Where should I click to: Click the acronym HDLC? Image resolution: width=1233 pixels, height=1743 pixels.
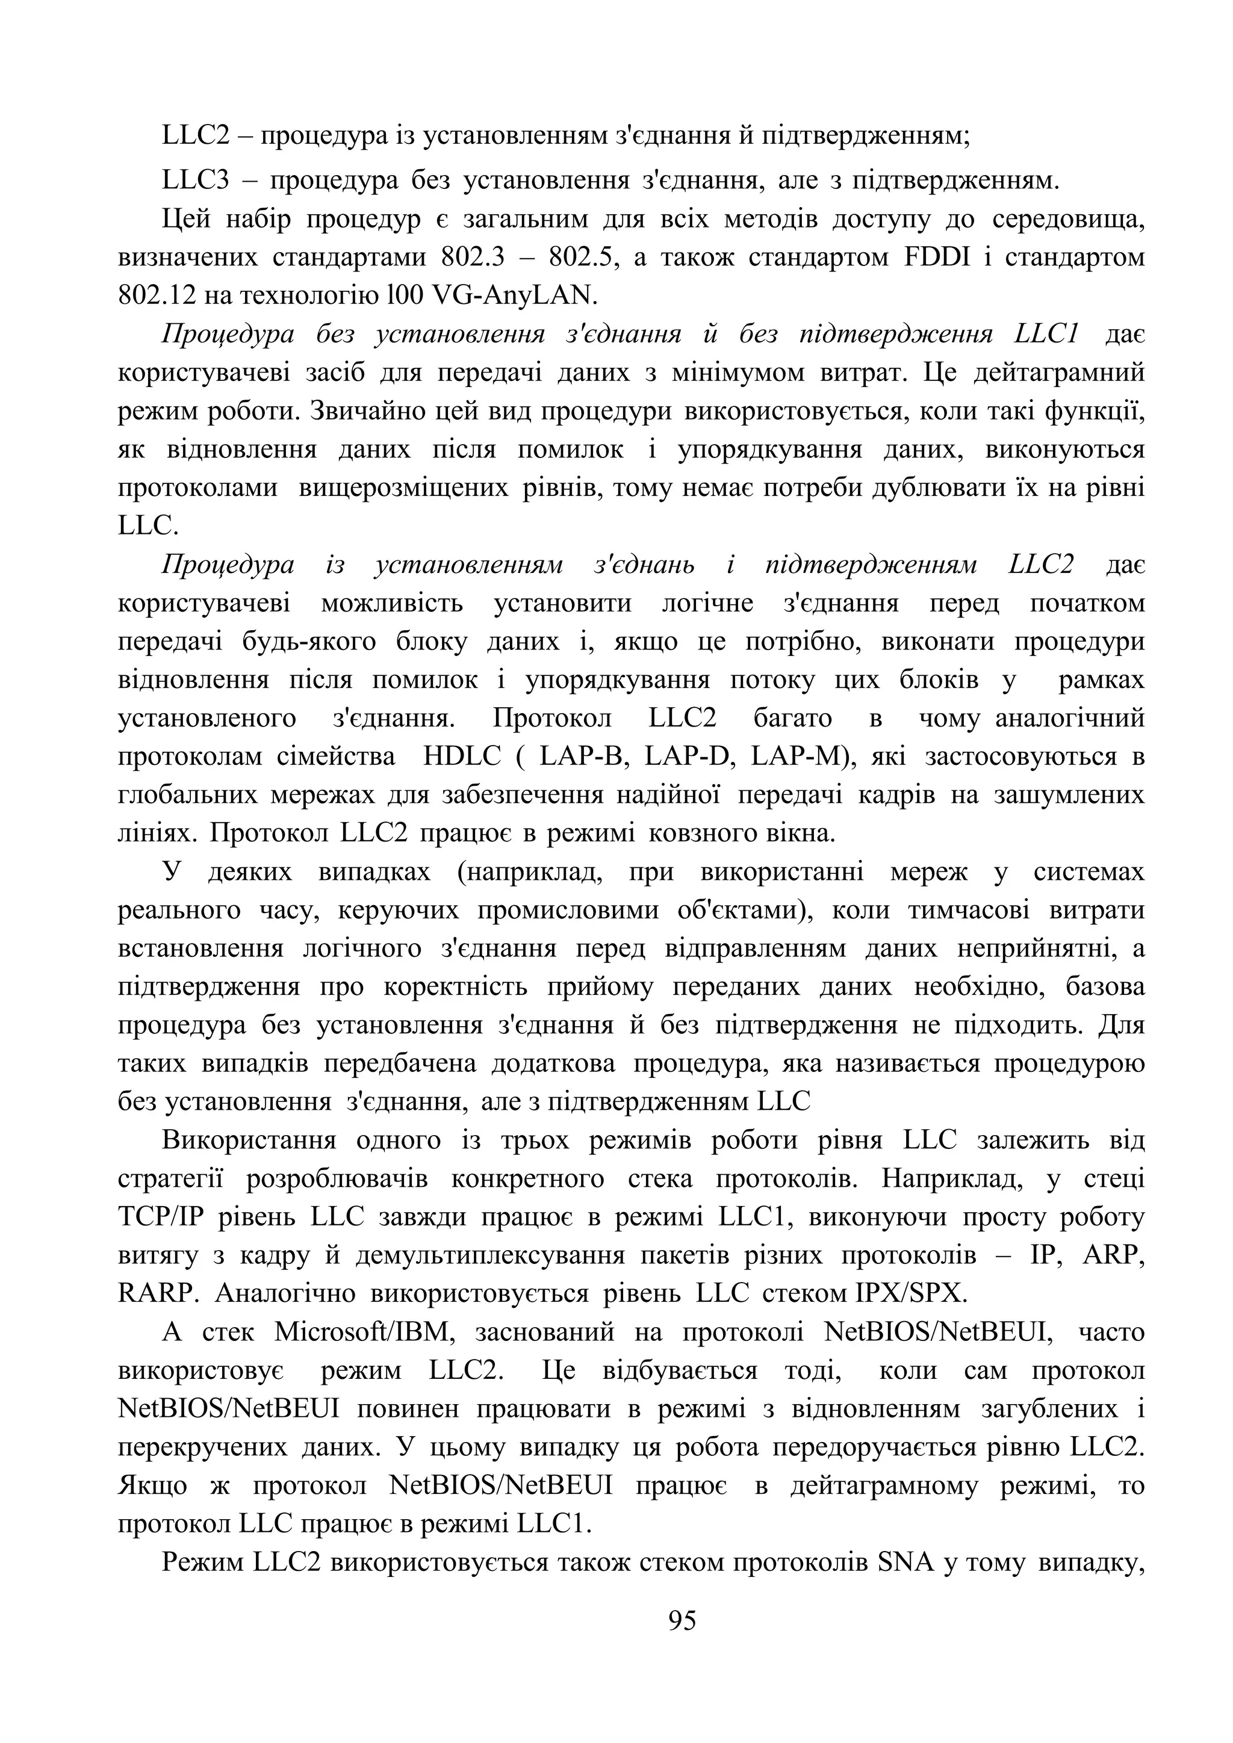[x=462, y=757]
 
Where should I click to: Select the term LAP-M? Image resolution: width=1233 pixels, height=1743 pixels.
[x=803, y=757]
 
